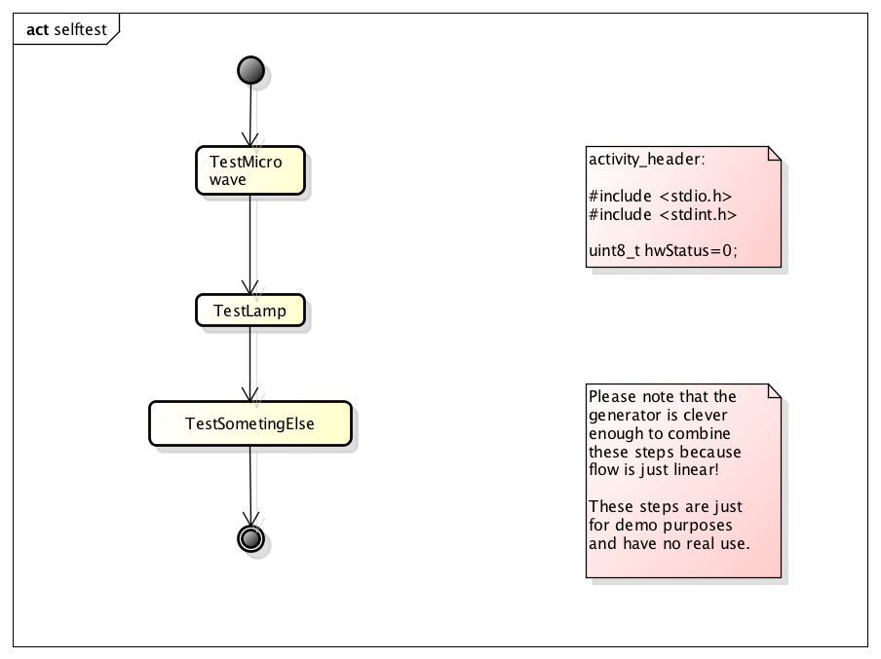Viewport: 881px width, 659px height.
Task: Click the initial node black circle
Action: click(250, 70)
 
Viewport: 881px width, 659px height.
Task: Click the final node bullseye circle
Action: click(250, 538)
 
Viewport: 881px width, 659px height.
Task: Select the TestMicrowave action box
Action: click(250, 170)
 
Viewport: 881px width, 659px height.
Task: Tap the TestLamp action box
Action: click(249, 311)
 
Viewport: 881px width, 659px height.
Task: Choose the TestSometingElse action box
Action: click(250, 423)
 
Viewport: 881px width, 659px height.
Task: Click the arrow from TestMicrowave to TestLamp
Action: click(250, 243)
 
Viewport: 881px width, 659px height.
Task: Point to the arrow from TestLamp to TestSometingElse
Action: click(250, 363)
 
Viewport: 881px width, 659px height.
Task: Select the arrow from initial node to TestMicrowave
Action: click(250, 115)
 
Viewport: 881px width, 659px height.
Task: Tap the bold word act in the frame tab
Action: click(38, 29)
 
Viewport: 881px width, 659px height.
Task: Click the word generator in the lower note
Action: click(622, 415)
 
